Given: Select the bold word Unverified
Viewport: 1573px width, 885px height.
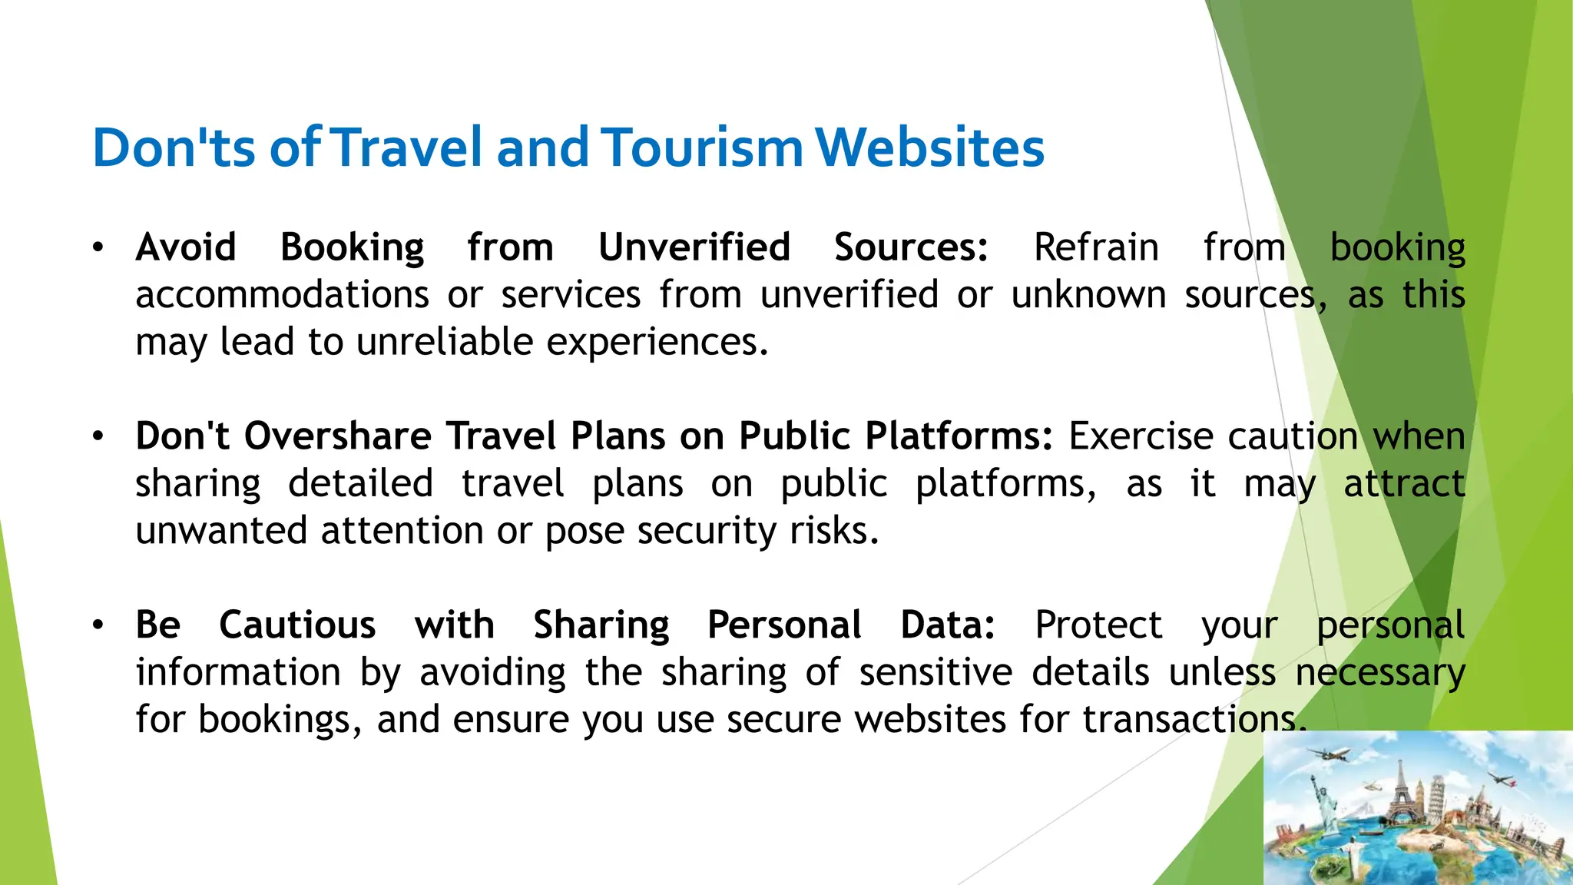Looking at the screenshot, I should point(694,247).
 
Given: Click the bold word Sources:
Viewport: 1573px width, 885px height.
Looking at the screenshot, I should point(911,247).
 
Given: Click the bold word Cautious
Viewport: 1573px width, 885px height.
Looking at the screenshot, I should point(297,625).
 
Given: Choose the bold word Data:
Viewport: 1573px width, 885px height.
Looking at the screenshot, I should point(948,625).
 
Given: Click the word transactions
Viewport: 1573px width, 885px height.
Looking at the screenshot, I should point(1194,720).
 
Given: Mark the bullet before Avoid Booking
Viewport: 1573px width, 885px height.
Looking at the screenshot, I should point(98,247).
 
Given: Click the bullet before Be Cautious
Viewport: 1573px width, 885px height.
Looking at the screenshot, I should point(98,625).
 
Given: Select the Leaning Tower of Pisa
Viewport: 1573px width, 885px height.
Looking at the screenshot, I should point(1438,799).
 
